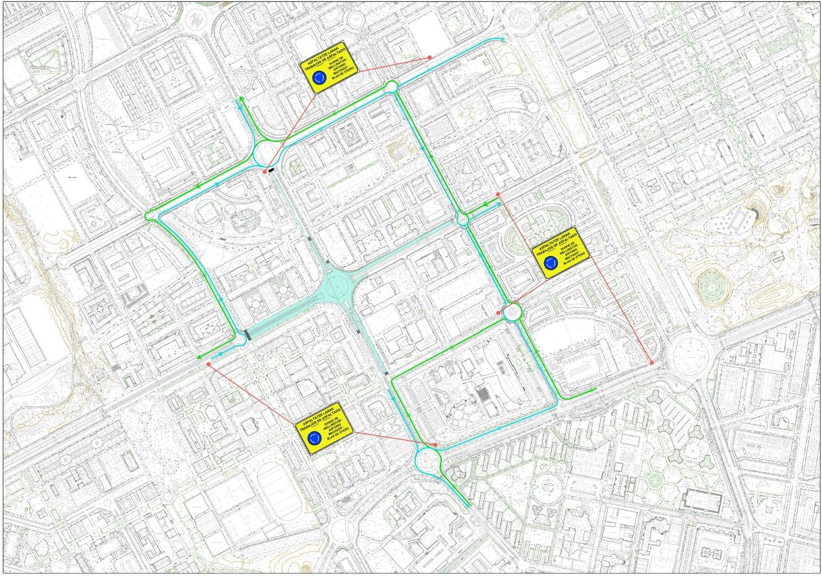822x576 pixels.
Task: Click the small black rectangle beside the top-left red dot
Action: coord(271,170)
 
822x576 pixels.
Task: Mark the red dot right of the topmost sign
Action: coord(429,58)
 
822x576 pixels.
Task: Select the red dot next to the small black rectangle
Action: coord(265,172)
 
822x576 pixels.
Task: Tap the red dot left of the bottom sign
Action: coord(208,365)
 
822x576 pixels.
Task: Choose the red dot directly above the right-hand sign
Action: coord(498,194)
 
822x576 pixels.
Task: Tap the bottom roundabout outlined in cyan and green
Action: coord(428,461)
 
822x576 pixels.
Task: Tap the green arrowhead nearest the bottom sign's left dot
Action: coord(200,357)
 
